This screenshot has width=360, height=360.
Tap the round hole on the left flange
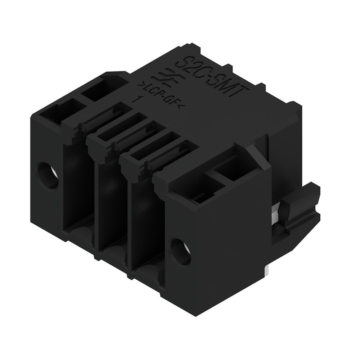click(48, 175)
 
